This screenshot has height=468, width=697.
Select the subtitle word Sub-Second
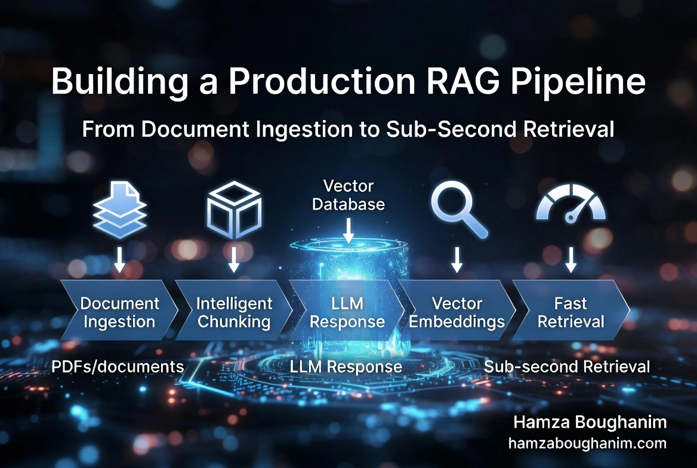pyautogui.click(x=451, y=129)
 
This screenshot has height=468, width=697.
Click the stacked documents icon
pyautogui.click(x=119, y=210)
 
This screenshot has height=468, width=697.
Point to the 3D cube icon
pyautogui.click(x=235, y=210)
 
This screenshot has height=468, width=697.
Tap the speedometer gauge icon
pyautogui.click(x=570, y=204)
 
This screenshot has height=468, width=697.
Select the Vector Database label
pyautogui.click(x=348, y=195)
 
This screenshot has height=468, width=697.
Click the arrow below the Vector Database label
pyautogui.click(x=348, y=230)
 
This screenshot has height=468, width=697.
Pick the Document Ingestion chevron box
pyautogui.click(x=119, y=310)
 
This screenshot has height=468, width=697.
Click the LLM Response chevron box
pyautogui.click(x=347, y=310)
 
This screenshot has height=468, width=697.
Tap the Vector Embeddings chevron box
pyautogui.click(x=457, y=310)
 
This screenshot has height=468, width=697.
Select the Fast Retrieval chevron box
pyautogui.click(x=571, y=310)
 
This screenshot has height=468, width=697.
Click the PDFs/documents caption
pyautogui.click(x=118, y=367)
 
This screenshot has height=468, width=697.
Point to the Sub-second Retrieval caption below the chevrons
pyautogui.click(x=567, y=367)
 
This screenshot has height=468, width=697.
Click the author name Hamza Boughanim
pyautogui.click(x=590, y=422)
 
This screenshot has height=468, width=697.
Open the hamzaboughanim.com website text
pyautogui.click(x=587, y=443)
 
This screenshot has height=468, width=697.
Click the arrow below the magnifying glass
pyautogui.click(x=457, y=260)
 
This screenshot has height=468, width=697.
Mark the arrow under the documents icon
pyautogui.click(x=119, y=260)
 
